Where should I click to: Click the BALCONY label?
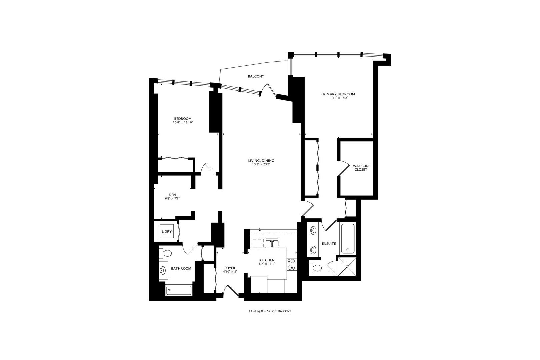256,76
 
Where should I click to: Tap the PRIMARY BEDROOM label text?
338,94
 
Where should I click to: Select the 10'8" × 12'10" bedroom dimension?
183,123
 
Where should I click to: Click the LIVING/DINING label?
261,161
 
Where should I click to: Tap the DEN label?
172,195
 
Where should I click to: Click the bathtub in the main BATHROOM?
179,290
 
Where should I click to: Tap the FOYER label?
229,268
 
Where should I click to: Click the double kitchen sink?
272,243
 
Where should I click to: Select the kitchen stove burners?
291,264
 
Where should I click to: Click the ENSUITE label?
329,244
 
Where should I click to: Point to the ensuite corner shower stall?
348,266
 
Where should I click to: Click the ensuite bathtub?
348,238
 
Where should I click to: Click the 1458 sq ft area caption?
268,311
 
